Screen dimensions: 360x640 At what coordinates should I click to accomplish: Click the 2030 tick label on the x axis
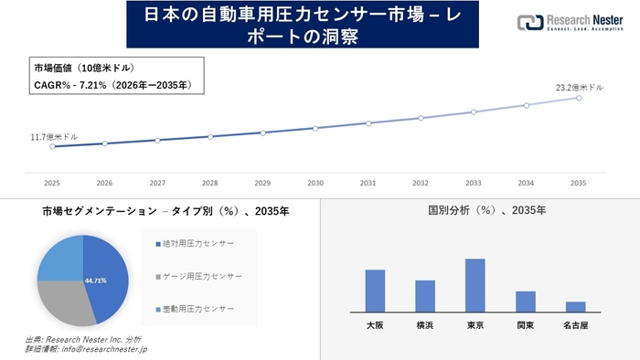[315, 183]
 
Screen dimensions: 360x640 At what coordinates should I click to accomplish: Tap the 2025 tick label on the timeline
[52, 183]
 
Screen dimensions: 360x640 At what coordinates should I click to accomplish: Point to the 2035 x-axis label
[578, 183]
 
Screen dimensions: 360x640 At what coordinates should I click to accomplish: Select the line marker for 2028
[210, 137]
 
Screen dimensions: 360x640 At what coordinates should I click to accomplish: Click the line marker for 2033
[474, 112]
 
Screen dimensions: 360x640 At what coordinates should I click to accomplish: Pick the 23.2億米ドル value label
[580, 88]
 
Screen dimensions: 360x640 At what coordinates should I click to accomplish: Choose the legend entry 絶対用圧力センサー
[196, 244]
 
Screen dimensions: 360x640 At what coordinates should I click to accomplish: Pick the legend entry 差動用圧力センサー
[196, 308]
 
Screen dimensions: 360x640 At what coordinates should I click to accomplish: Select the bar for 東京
[475, 285]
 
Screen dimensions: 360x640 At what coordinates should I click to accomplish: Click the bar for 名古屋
[575, 306]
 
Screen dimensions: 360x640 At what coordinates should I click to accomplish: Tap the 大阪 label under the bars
[375, 324]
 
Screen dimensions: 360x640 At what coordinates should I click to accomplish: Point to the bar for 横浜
[425, 295]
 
